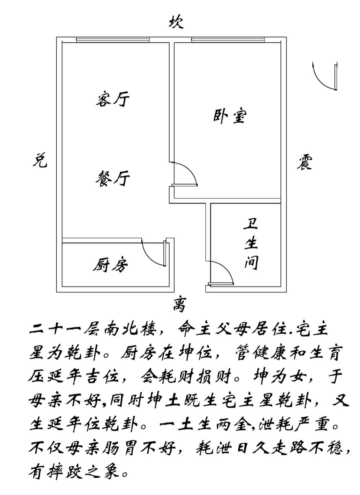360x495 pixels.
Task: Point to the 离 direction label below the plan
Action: [179, 305]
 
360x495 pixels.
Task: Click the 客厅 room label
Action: [112, 99]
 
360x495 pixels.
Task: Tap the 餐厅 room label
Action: [112, 178]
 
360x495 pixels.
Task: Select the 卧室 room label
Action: [230, 116]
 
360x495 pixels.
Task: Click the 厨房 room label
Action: [110, 265]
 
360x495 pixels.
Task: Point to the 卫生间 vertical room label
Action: [251, 244]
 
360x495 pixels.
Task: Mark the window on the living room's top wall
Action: [113, 40]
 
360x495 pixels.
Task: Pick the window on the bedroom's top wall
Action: [228, 40]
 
